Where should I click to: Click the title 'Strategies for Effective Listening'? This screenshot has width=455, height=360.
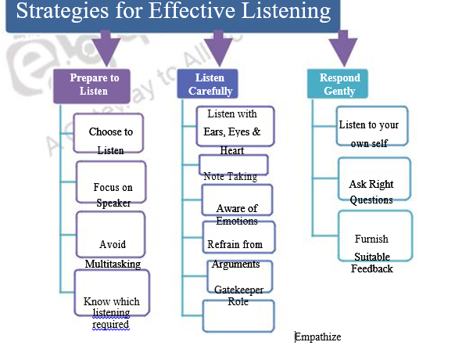point(173,13)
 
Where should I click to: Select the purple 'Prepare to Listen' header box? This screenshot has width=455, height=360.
point(95,85)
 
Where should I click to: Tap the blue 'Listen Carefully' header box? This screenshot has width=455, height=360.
point(210,85)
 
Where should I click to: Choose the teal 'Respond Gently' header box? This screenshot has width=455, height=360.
point(340,85)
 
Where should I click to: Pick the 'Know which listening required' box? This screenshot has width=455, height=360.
point(111,301)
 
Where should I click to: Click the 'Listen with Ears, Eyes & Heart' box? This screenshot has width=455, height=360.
point(235,127)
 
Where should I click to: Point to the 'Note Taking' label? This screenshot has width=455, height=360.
point(230,176)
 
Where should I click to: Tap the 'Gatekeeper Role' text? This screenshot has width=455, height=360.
point(238,295)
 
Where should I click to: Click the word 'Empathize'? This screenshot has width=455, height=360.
point(318,337)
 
